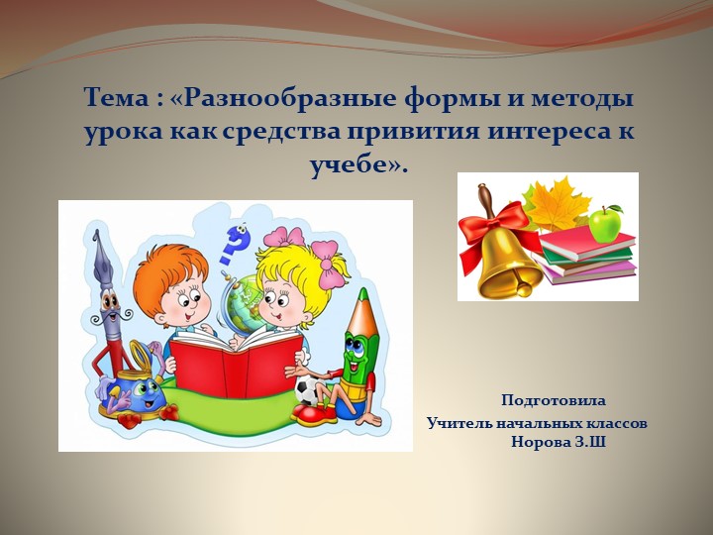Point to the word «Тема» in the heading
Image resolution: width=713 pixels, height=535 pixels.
click(x=116, y=99)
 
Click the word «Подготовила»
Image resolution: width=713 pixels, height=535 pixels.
click(x=553, y=401)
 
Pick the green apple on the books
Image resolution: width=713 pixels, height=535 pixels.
click(x=604, y=224)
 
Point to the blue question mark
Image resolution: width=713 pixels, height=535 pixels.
click(x=236, y=241)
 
